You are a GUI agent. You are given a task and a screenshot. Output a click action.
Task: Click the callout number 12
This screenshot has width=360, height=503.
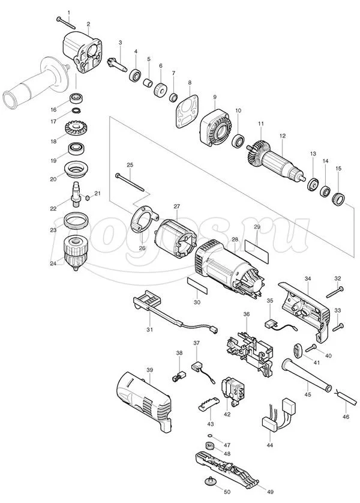pyautogui.click(x=283, y=136)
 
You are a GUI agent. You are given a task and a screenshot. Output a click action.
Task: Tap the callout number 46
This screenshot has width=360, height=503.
pyautogui.click(x=345, y=415)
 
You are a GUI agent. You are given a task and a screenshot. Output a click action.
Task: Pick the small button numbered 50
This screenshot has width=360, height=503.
pyautogui.click(x=210, y=482)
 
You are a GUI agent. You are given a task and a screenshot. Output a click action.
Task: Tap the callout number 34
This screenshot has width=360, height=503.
pyautogui.click(x=308, y=279)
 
